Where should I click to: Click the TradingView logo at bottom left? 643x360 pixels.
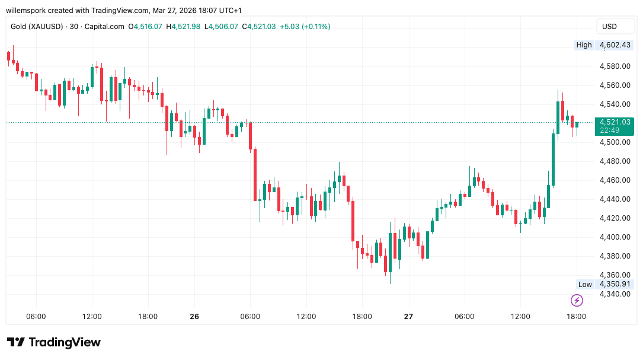[x=54, y=342]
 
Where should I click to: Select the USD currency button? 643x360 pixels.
[x=609, y=26]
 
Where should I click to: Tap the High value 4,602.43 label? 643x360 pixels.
[x=614, y=45]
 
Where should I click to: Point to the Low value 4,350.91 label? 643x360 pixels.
[x=614, y=284]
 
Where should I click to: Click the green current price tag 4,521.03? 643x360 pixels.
[x=614, y=122]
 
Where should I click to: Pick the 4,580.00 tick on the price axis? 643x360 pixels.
[x=614, y=66]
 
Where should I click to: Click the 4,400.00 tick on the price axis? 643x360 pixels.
[x=614, y=237]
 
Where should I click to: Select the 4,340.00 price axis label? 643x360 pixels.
[x=614, y=294]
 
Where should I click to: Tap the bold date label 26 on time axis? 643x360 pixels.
[x=194, y=317]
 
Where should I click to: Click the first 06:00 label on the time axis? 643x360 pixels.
[x=36, y=317]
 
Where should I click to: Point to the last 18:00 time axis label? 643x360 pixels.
[x=576, y=317]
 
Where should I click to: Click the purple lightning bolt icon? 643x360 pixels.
[x=576, y=300]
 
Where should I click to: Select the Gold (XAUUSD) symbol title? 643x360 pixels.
[x=37, y=27]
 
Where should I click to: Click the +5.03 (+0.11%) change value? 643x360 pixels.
[x=305, y=27]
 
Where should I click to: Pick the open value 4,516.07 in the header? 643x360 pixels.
[x=148, y=27]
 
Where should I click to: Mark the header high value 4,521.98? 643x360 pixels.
[x=187, y=27]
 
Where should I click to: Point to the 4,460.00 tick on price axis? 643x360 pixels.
[x=614, y=180]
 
